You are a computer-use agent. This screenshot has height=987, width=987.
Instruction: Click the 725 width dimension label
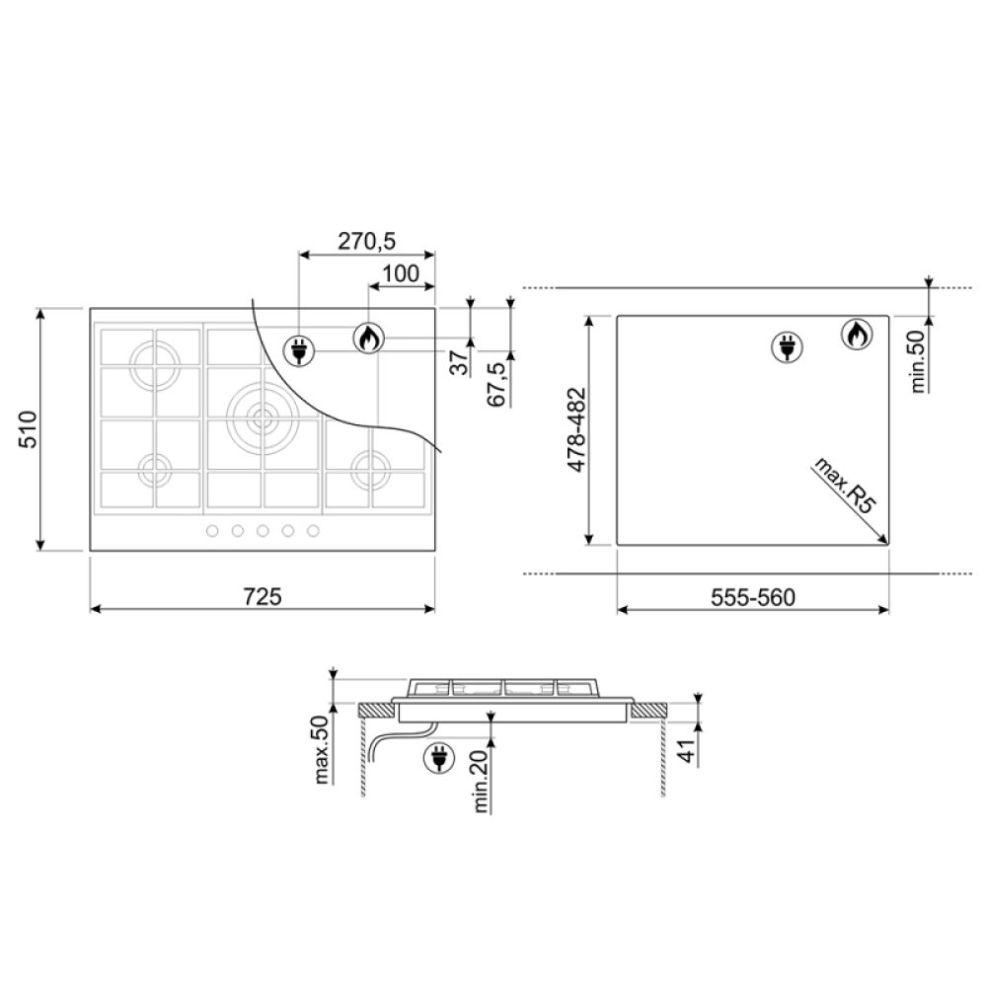pos(263,596)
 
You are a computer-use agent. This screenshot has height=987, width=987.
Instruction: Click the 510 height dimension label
pos(30,429)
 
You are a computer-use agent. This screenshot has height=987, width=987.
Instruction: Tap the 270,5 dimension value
pos(366,241)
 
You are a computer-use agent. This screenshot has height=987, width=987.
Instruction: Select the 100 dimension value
pos(401,273)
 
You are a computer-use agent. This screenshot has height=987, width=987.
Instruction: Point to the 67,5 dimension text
pos(497,383)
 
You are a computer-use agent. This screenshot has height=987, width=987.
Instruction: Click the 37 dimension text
pos(460,362)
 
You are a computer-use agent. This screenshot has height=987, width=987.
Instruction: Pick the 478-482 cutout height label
pos(576,430)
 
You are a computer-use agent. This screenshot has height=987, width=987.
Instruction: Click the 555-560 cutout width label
pos(753,597)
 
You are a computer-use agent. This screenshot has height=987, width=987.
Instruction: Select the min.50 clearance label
pos(918,362)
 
